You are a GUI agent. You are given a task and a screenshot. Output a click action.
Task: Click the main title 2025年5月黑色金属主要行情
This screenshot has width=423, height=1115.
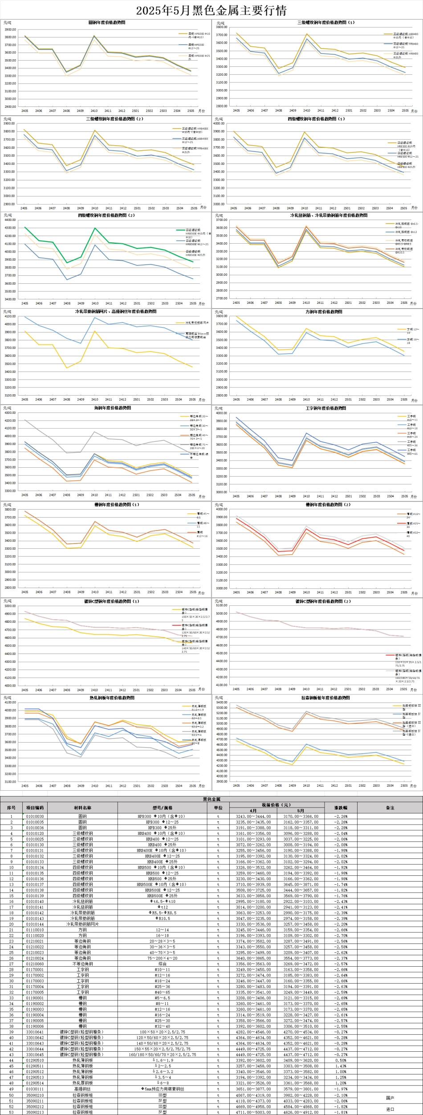(211, 10)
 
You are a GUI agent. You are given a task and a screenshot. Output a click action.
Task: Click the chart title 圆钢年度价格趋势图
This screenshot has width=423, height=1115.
(107, 22)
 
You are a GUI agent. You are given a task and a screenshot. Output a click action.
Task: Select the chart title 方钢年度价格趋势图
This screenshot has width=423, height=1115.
(317, 312)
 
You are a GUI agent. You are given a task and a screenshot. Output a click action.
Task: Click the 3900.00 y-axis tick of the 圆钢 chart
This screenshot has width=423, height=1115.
(10, 29)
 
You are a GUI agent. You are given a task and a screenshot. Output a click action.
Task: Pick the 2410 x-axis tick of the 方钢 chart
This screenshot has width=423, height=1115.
(306, 400)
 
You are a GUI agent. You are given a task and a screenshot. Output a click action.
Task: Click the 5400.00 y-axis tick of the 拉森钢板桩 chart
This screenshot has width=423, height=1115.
(221, 702)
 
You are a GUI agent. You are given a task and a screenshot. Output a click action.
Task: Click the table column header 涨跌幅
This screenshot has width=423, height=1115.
(341, 808)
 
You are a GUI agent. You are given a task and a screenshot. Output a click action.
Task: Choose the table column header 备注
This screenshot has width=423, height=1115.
(390, 808)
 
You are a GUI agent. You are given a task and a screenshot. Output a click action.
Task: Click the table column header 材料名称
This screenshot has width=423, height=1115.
(82, 808)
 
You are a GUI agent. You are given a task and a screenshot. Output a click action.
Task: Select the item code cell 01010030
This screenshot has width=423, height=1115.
(35, 817)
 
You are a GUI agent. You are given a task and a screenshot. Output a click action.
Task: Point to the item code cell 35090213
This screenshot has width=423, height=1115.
(35, 1112)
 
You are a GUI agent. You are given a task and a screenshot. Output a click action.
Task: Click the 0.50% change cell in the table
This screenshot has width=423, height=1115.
(341, 1061)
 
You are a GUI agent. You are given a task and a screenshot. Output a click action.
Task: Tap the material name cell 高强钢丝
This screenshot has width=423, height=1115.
(82, 1089)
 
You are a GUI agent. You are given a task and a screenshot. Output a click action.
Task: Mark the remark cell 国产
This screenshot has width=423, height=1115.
(390, 1098)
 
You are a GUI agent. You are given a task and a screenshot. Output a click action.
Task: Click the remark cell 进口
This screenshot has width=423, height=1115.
(390, 1109)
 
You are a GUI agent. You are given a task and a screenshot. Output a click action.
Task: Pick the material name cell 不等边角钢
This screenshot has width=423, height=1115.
(82, 964)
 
